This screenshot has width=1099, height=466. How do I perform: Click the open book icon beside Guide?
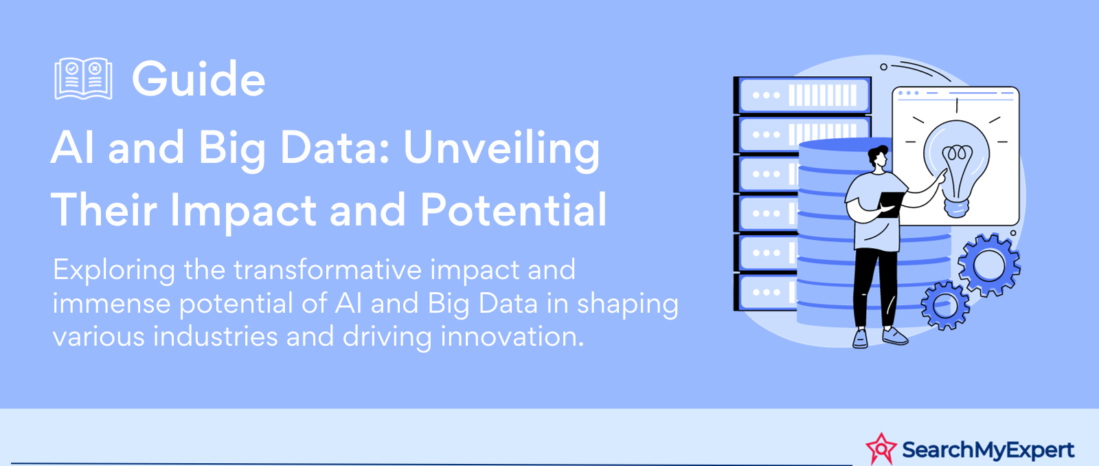[x=83, y=78]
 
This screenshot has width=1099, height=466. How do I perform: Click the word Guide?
[x=199, y=78]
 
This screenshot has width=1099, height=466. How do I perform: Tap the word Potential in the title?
[x=513, y=210]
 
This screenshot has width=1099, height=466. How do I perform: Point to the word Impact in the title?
[x=243, y=211]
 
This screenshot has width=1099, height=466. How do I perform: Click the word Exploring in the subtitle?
[x=114, y=271]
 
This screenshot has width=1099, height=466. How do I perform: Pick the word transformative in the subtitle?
[x=328, y=269]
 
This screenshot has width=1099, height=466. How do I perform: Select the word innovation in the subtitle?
[x=512, y=336]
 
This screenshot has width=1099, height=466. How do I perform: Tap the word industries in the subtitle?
[x=216, y=336]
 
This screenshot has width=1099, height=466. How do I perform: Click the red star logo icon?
[x=881, y=448]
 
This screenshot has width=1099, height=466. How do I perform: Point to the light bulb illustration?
[x=956, y=168]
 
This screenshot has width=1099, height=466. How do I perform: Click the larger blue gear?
[x=988, y=265]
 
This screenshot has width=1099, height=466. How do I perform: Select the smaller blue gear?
[x=945, y=305]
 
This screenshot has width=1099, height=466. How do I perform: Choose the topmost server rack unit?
[x=802, y=95]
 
